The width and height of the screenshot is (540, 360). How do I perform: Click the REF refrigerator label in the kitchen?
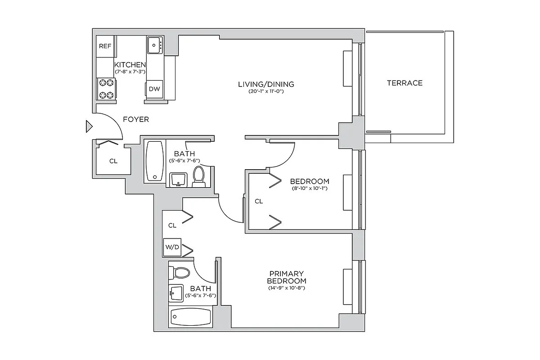[105, 46]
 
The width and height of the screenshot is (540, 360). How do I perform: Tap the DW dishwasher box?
[154, 89]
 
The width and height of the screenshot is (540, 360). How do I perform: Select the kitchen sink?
[155, 45]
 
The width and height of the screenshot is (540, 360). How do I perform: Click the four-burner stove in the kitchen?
[107, 89]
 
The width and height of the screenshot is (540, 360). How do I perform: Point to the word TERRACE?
[405, 83]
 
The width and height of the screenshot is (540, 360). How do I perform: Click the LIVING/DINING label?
[265, 84]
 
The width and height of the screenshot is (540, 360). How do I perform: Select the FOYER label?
[136, 120]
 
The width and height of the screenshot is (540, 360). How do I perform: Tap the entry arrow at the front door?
[89, 127]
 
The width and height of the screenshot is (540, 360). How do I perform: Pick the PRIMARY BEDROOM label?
[287, 277]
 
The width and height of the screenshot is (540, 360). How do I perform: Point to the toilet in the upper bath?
[198, 176]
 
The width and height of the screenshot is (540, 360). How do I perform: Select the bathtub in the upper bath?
[155, 161]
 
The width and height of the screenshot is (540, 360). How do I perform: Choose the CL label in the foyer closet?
[113, 161]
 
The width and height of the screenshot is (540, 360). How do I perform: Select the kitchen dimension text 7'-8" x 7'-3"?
[130, 72]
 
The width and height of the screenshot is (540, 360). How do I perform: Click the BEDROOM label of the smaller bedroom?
[310, 181]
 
